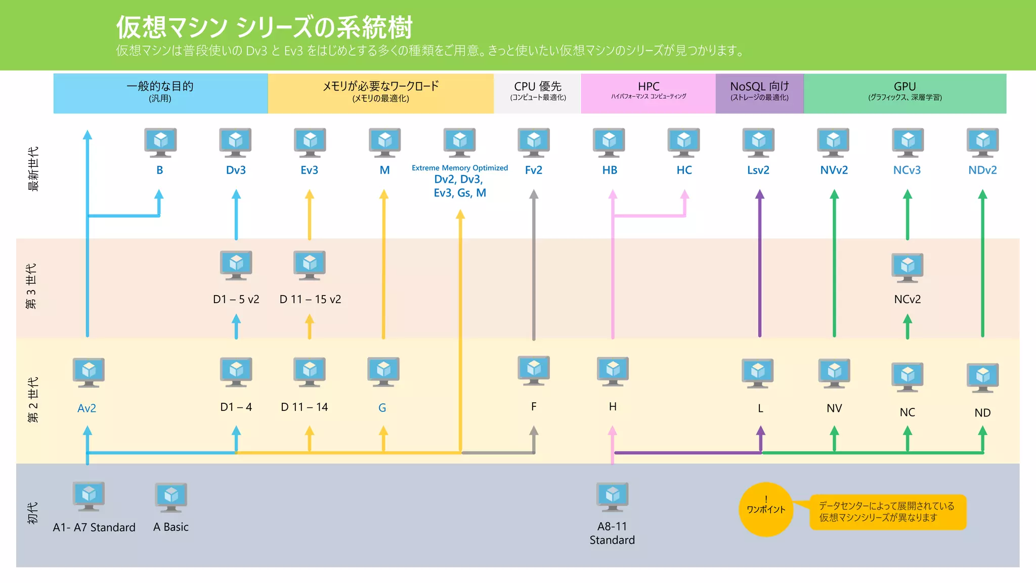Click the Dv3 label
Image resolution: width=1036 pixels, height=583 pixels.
(236, 170)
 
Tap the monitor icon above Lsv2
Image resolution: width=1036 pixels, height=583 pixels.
(758, 142)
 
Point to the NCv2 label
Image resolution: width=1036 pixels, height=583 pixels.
(907, 299)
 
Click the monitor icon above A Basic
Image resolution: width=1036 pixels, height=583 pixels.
(171, 497)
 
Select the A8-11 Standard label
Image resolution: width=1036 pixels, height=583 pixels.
(612, 533)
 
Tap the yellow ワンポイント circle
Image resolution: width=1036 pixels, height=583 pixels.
(766, 509)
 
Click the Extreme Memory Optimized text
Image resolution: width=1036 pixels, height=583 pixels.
(459, 168)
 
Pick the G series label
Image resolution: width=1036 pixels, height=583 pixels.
(382, 408)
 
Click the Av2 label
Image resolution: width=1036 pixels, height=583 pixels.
(87, 408)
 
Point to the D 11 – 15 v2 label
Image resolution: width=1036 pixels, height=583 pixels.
(310, 299)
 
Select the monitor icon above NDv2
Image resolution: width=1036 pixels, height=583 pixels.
(982, 142)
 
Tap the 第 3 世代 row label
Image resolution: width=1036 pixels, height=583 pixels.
(31, 286)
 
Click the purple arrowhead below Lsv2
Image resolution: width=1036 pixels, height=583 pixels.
(759, 194)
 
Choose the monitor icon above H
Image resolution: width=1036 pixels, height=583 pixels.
(613, 371)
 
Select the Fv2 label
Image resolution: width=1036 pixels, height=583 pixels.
(533, 170)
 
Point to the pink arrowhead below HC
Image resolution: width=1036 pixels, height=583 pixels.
(684, 194)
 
